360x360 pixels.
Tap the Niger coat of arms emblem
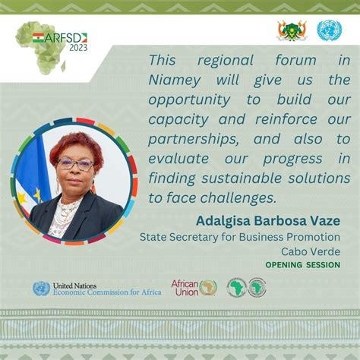292,30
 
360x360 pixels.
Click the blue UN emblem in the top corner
330,30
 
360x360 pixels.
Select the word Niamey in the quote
175,81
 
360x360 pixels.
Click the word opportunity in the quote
189,100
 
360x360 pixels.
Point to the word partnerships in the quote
194,140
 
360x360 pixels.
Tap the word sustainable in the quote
242,178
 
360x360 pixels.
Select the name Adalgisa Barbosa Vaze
268,221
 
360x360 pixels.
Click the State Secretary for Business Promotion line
240,237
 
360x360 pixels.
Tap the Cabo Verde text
311,251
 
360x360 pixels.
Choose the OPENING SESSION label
303,265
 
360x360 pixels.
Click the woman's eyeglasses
75,164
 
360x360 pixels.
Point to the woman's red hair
76,147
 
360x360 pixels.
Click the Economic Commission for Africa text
107,292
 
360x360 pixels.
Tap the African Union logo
194,288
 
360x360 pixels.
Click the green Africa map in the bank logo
237,288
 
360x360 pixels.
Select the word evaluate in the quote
178,159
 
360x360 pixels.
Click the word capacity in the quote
178,120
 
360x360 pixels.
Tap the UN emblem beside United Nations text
41,289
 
